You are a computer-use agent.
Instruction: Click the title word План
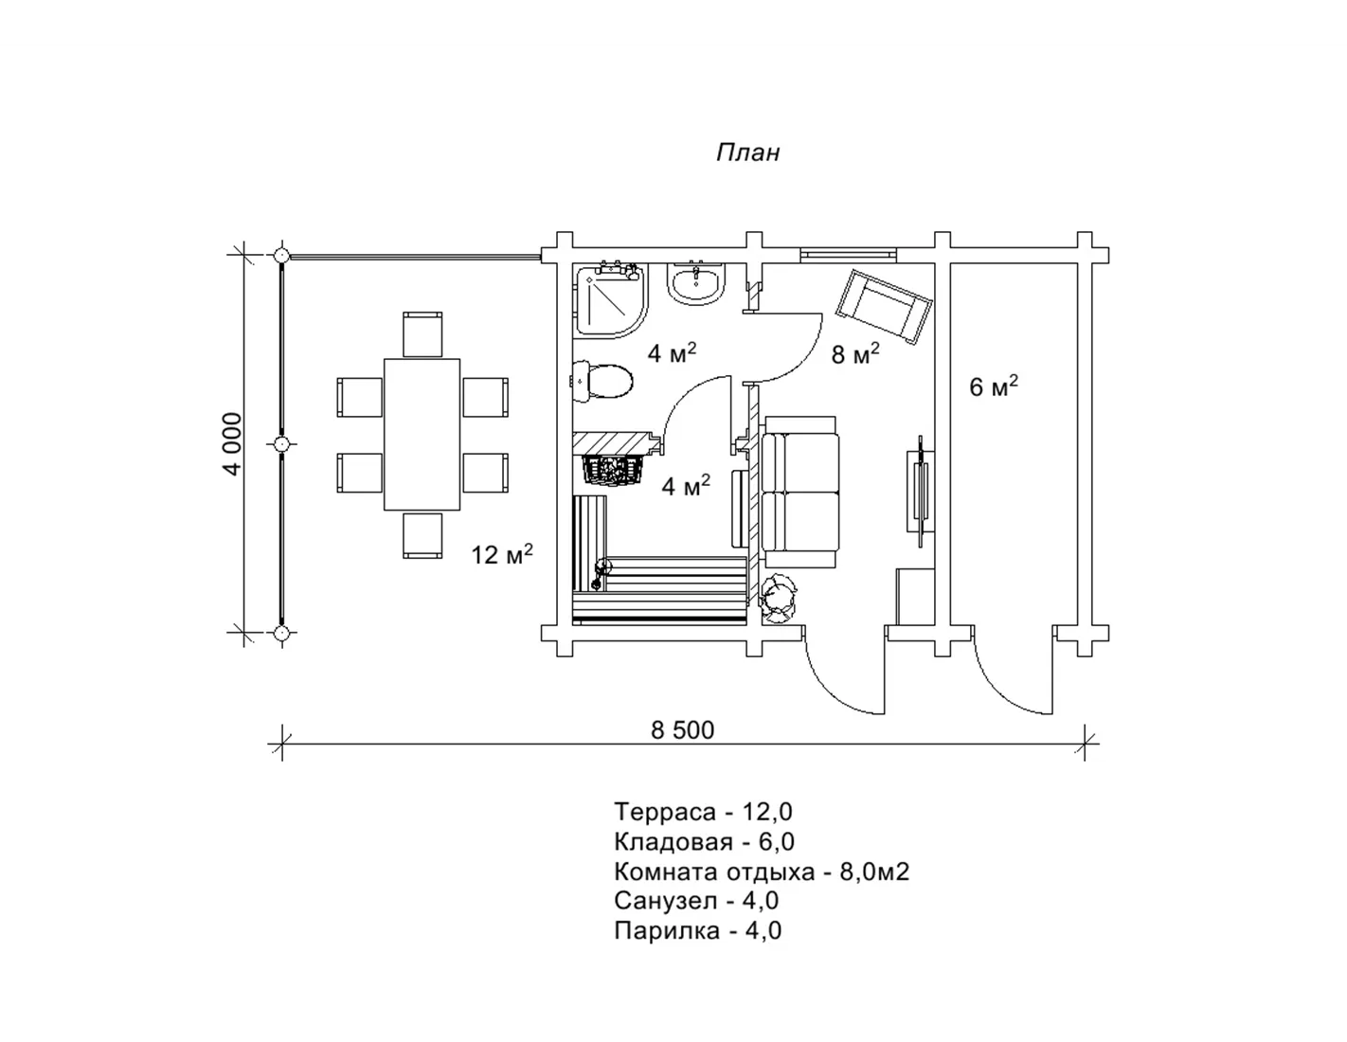click(x=747, y=153)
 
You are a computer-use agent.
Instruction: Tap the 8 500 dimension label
click(x=682, y=730)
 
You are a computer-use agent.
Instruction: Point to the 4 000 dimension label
click(x=233, y=444)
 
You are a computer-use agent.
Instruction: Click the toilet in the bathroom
click(x=602, y=381)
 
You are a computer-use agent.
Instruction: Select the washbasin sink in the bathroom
click(x=696, y=283)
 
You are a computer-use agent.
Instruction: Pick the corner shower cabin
click(x=611, y=300)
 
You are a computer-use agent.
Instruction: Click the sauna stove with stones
click(x=614, y=470)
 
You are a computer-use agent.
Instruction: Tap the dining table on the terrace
click(x=422, y=435)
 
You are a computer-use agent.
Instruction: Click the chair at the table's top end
click(x=422, y=334)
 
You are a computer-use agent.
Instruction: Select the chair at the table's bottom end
click(x=422, y=535)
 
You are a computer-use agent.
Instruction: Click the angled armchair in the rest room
click(x=884, y=306)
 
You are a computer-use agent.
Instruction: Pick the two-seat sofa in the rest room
click(x=800, y=493)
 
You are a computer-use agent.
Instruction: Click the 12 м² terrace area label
click(x=502, y=554)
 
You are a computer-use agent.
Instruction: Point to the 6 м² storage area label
click(x=994, y=386)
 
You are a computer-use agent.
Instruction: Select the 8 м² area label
click(x=855, y=354)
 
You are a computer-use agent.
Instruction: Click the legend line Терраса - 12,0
click(x=703, y=812)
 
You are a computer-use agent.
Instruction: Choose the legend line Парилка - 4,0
click(x=698, y=930)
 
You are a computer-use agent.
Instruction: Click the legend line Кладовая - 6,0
click(x=704, y=841)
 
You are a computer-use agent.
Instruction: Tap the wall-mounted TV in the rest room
click(x=920, y=491)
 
